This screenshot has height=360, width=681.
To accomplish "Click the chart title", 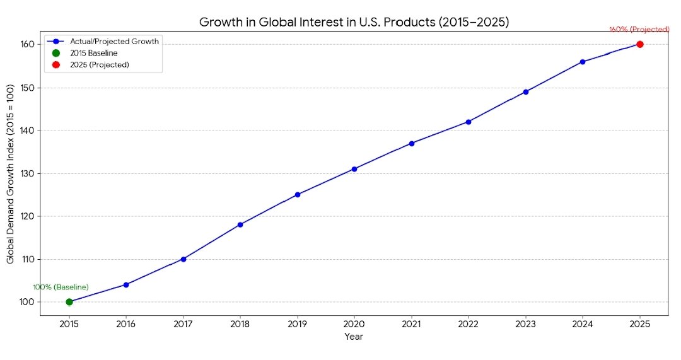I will coord(354,22).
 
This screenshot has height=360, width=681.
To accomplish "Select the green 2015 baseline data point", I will coord(69,302).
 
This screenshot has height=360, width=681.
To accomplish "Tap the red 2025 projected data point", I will coord(640,44).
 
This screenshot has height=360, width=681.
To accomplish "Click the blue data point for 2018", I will coord(240,224).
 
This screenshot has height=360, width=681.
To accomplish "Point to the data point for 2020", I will coord(354,169).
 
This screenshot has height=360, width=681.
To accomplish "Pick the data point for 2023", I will coord(526,91).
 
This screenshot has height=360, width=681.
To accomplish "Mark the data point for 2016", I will coord(126,285).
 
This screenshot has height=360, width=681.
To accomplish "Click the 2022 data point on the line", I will coord(469,122).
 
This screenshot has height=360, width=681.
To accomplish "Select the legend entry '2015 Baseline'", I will coord(93,53).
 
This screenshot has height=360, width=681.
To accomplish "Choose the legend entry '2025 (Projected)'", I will coord(100,65).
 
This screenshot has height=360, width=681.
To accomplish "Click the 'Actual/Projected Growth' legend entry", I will coord(114,41).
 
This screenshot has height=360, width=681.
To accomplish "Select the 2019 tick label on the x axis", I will coord(297,324).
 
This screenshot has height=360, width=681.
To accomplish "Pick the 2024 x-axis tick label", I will coord(583,324).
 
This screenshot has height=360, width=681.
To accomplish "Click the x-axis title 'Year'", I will coord(354,337).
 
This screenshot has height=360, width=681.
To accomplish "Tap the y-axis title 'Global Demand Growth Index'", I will coord(11,173).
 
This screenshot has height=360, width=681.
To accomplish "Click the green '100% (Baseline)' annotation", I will coord(61,287).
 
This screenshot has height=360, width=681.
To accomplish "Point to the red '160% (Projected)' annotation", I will coord(639,30).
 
